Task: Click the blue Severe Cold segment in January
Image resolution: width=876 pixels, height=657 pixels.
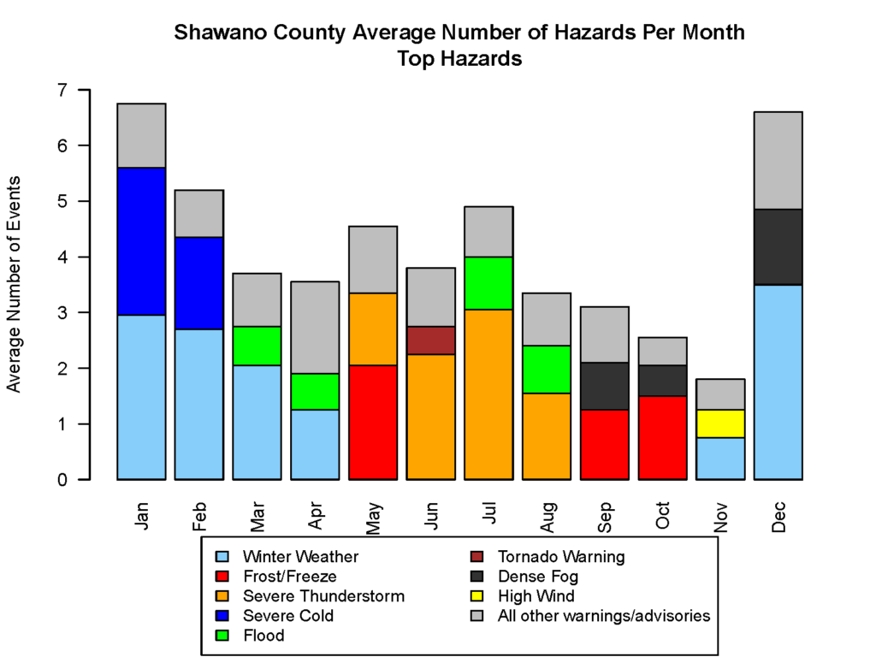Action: pos(141,241)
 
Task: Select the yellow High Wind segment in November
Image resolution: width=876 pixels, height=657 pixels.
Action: pos(720,423)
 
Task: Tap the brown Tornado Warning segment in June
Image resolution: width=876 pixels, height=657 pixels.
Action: pos(430,340)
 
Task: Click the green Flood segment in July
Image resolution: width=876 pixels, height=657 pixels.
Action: pos(488,282)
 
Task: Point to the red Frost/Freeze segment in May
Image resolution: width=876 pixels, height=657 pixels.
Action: pos(373,422)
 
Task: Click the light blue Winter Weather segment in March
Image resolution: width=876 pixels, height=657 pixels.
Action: pos(257,422)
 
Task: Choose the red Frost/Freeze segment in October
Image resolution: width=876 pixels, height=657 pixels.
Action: pos(662,437)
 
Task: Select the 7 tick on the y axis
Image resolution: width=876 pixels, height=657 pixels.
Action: pos(62,90)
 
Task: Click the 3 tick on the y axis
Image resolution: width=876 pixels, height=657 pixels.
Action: pos(62,312)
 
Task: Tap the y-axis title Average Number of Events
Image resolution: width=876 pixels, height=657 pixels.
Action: pos(15,284)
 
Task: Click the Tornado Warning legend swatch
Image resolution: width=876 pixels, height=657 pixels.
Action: pos(481,557)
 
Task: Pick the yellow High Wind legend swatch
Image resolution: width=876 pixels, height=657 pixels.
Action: pos(481,596)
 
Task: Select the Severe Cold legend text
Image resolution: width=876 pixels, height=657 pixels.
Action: pos(287,616)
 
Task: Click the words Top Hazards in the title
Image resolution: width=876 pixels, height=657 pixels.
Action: pos(459,60)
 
